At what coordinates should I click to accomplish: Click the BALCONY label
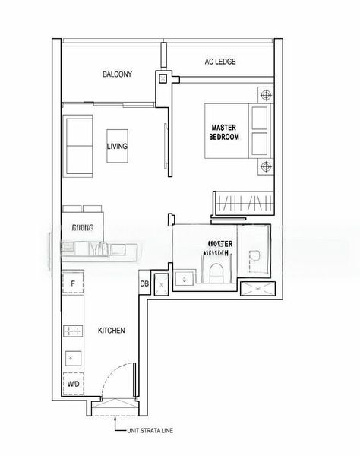tap(118, 74)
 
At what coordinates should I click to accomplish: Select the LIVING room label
tap(117, 147)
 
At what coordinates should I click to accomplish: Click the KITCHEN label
tap(111, 331)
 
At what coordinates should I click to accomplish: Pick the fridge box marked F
tap(72, 284)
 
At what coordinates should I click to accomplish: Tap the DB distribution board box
tap(144, 284)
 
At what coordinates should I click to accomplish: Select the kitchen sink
tap(72, 356)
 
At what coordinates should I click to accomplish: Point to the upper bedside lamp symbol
tap(264, 96)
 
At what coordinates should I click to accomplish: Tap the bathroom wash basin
tap(184, 280)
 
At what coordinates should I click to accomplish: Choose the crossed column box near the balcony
tap(163, 78)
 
